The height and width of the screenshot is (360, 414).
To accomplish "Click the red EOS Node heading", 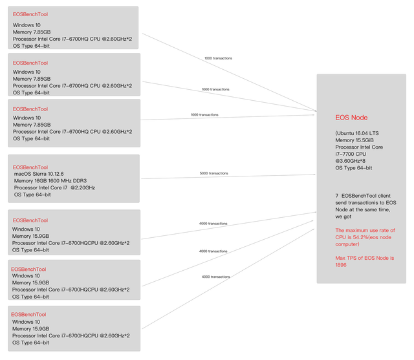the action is (x=351, y=118).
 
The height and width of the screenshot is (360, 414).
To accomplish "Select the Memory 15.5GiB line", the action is (x=354, y=140).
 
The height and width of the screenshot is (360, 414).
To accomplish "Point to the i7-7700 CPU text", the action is (x=351, y=154).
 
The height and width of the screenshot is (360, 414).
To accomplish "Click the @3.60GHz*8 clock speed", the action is (x=351, y=161).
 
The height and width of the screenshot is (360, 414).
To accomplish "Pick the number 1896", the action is (x=341, y=265).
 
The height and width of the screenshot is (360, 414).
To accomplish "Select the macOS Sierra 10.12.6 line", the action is (x=39, y=174).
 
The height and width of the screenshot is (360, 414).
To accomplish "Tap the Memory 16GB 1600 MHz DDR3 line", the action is (x=50, y=181).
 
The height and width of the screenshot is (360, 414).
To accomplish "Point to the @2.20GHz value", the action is (x=83, y=187).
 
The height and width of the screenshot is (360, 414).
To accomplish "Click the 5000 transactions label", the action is (x=213, y=173).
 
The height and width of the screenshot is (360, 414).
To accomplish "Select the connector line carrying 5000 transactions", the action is (x=228, y=176).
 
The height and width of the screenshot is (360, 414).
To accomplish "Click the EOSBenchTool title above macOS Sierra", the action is (x=30, y=167).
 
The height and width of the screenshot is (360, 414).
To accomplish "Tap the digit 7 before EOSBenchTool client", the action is (x=337, y=196).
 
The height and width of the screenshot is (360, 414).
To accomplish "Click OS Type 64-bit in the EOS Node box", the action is (x=354, y=168).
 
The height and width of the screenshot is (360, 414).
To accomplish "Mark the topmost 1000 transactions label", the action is (x=218, y=58).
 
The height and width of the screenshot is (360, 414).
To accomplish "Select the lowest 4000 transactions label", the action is (x=215, y=277).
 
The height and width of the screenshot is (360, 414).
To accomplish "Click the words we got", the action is (x=343, y=217).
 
